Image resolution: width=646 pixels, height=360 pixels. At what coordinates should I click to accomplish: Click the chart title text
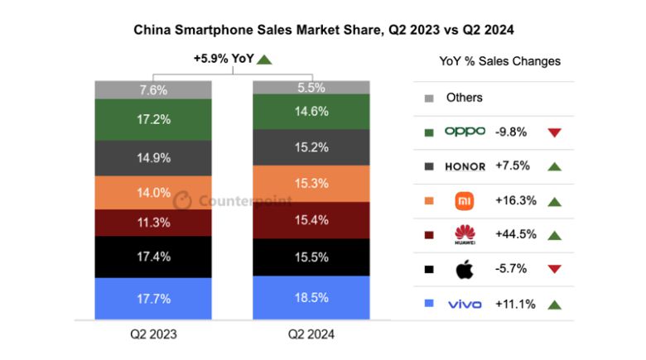coord(324,31)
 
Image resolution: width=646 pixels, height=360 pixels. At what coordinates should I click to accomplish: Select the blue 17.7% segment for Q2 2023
coord(153,298)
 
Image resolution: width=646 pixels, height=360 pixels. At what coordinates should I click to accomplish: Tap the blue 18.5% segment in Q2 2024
coord(311,296)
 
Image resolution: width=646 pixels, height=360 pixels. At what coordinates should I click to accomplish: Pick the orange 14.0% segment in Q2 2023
coord(153,192)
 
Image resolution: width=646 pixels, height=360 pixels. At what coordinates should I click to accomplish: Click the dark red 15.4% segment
coord(311,220)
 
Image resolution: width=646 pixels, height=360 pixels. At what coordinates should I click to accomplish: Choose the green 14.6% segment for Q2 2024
coord(311,111)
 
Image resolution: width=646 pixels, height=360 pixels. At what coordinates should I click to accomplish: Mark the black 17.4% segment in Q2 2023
coord(153,257)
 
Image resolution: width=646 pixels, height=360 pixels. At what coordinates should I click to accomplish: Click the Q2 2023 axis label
coord(153,334)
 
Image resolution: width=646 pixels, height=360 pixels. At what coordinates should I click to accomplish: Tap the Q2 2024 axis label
coord(311,334)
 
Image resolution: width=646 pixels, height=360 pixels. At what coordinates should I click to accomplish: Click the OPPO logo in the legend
coord(465,131)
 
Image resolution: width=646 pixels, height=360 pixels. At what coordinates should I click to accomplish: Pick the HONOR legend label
coord(465,166)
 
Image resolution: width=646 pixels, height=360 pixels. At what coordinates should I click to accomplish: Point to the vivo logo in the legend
coord(465,305)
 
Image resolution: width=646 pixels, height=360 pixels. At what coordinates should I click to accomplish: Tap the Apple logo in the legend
coord(465,270)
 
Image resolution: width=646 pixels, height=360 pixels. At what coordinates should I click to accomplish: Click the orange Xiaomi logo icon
coord(465,201)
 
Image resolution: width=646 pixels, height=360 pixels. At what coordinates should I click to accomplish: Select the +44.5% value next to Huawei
coord(514,235)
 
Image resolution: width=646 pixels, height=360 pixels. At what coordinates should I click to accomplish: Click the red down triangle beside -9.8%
coord(555,132)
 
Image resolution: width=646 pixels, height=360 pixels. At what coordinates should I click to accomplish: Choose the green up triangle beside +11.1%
coord(555,305)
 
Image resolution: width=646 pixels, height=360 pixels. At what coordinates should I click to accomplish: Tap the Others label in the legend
coord(464,98)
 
